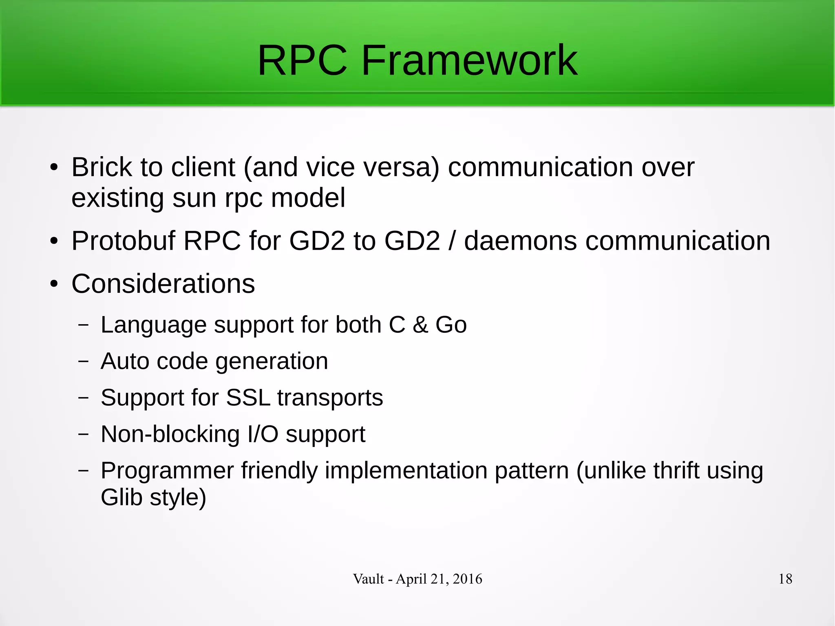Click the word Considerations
coord(163,284)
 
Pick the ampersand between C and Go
coord(420,325)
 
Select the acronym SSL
coord(248,398)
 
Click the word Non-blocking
coord(170,434)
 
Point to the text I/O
coord(263,434)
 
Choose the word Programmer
coord(167,471)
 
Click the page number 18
coord(785,579)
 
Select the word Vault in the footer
coord(368,579)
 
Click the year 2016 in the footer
coord(467,579)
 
